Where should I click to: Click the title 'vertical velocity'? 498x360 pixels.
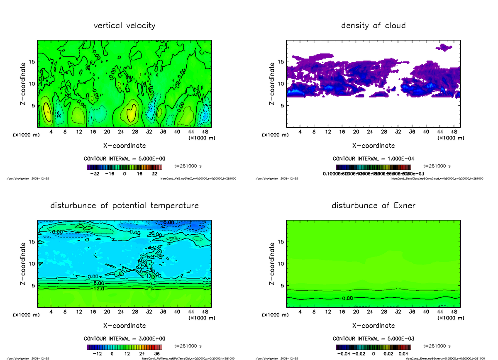click(124, 26)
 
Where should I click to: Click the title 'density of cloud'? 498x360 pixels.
click(373, 26)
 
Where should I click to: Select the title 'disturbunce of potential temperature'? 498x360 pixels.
click(124, 206)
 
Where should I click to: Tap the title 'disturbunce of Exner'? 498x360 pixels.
click(373, 206)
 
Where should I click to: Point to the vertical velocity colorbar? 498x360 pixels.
click(124, 168)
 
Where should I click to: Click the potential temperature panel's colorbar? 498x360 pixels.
click(124, 347)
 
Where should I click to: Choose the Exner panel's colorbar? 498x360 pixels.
click(373, 347)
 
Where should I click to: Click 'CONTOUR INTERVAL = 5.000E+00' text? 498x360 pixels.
click(124, 159)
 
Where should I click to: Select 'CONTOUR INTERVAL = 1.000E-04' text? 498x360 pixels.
click(373, 159)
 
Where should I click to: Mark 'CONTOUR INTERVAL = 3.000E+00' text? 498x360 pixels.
click(124, 338)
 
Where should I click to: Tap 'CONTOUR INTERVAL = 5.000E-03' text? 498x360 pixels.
click(373, 338)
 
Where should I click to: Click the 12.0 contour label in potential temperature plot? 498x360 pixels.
click(99, 289)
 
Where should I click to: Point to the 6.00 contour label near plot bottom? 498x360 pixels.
click(99, 282)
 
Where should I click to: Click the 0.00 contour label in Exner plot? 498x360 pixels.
click(348, 298)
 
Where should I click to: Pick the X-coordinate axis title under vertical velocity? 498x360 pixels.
click(124, 146)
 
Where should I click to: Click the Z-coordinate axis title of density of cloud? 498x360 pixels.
click(272, 83)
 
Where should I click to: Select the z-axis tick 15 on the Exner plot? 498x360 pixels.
click(281, 242)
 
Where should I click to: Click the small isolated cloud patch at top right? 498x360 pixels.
click(446, 47)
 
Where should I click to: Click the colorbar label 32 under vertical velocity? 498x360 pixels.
click(154, 174)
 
